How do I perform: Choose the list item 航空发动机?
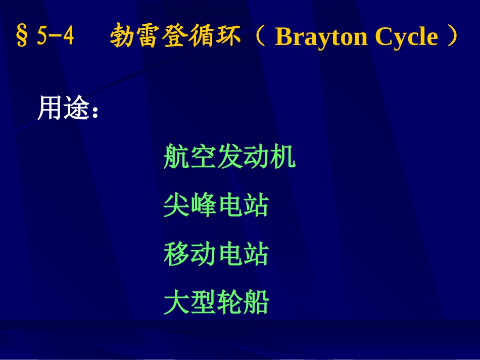pos(229,157)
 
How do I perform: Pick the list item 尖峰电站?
pos(216,205)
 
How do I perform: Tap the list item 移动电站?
pos(216,254)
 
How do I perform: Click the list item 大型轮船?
pos(216,302)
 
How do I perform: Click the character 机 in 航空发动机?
pos(282,157)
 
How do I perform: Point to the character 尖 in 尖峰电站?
pos(176,205)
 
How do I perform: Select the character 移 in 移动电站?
pos(176,254)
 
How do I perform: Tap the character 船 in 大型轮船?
pos(256,302)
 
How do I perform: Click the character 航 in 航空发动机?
pos(176,157)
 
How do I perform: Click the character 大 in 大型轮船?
pos(176,302)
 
